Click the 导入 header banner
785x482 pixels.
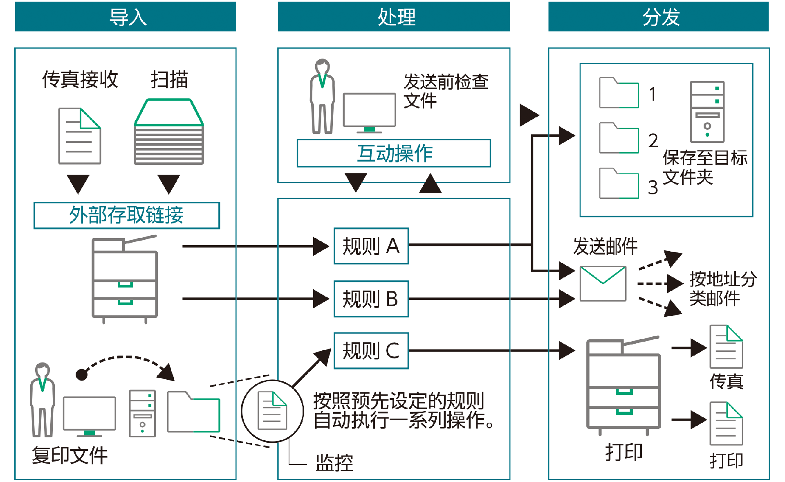click(125, 17)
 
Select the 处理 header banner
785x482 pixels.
click(394, 17)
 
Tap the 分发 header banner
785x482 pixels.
click(658, 17)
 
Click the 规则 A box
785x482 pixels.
click(371, 246)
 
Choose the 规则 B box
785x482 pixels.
click(371, 299)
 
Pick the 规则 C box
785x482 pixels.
click(371, 351)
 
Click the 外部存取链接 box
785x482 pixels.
click(127, 215)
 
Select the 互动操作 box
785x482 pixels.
click(394, 153)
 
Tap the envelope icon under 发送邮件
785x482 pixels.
click(603, 284)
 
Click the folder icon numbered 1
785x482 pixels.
click(619, 93)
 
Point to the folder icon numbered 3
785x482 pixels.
click(619, 184)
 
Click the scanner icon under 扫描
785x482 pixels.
click(169, 132)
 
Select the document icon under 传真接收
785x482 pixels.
click(80, 136)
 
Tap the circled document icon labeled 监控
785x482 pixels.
click(272, 411)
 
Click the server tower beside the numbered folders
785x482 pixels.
click(707, 111)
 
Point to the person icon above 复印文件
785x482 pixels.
click(42, 399)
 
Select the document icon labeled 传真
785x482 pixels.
click(726, 347)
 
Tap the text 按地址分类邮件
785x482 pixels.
click(722, 288)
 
